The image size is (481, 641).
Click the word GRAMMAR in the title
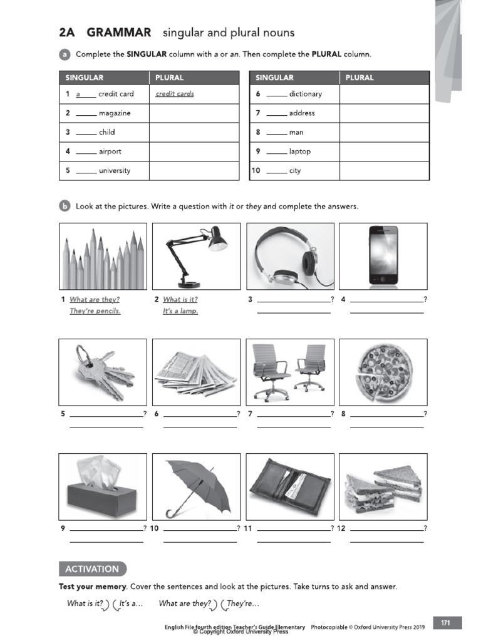click(119, 33)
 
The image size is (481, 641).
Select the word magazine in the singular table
click(115, 113)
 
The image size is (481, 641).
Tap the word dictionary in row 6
click(305, 94)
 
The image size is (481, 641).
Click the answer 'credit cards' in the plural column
click(175, 94)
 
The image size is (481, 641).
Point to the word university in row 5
click(115, 171)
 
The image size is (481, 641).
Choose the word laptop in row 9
click(299, 151)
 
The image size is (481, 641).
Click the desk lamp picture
click(195, 257)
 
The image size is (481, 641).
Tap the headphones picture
click(289, 257)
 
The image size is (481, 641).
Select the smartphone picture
click(383, 257)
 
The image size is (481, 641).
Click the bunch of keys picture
click(103, 372)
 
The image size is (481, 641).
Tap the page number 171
click(445, 623)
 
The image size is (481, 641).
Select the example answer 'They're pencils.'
click(95, 311)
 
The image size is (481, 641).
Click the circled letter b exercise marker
click(65, 206)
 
